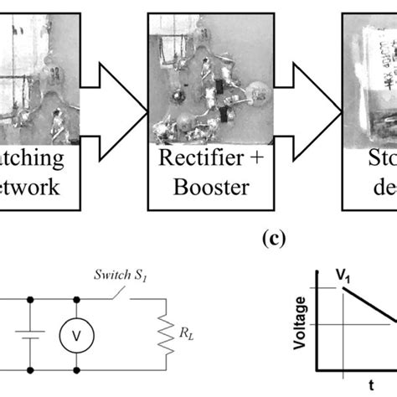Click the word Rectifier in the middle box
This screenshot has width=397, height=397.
[x=190, y=159]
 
